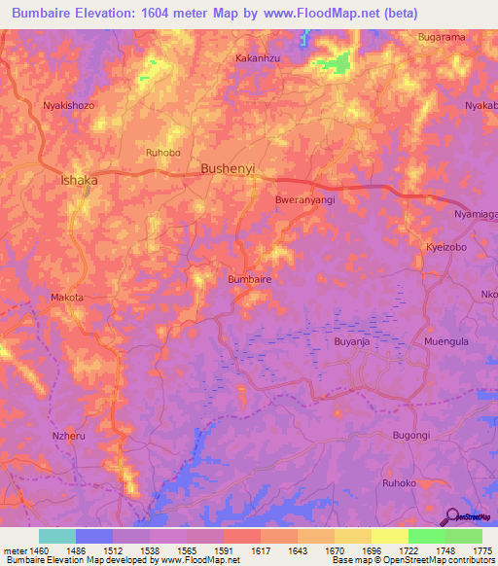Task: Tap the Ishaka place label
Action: point(80,180)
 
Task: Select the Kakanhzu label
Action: point(258,58)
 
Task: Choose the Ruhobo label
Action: point(162,152)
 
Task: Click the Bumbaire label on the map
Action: point(248,278)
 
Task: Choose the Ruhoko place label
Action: point(399,482)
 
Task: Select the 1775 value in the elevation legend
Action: point(481,549)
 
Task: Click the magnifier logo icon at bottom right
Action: point(451,516)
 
